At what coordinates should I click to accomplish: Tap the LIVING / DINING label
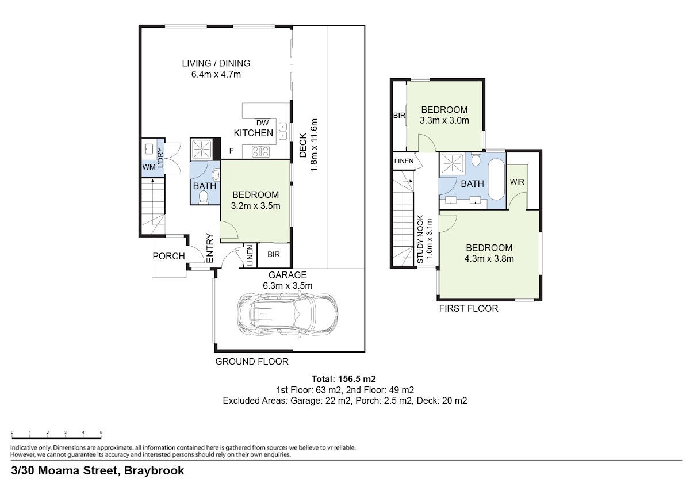[216, 63]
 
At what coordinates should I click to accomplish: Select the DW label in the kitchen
[262, 123]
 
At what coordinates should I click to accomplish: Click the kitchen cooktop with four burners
[260, 152]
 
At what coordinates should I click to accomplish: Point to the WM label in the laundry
[149, 167]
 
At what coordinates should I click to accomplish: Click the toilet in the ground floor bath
[204, 197]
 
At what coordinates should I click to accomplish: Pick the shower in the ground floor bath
[201, 150]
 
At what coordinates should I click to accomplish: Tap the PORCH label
[169, 256]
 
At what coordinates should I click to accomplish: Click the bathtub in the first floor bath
[496, 179]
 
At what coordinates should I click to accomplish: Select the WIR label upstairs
[517, 182]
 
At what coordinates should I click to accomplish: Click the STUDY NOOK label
[420, 239]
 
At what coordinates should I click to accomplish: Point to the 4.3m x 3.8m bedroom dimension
[489, 259]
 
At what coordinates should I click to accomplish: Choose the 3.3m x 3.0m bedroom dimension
[444, 121]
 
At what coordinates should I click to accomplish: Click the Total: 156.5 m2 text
[343, 379]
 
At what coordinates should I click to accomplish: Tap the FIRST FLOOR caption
[469, 308]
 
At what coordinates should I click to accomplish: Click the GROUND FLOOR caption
[252, 362]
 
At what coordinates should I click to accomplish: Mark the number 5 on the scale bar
[101, 433]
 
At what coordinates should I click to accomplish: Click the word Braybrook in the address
[154, 470]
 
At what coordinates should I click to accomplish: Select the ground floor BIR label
[274, 254]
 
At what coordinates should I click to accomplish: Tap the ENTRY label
[210, 248]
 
